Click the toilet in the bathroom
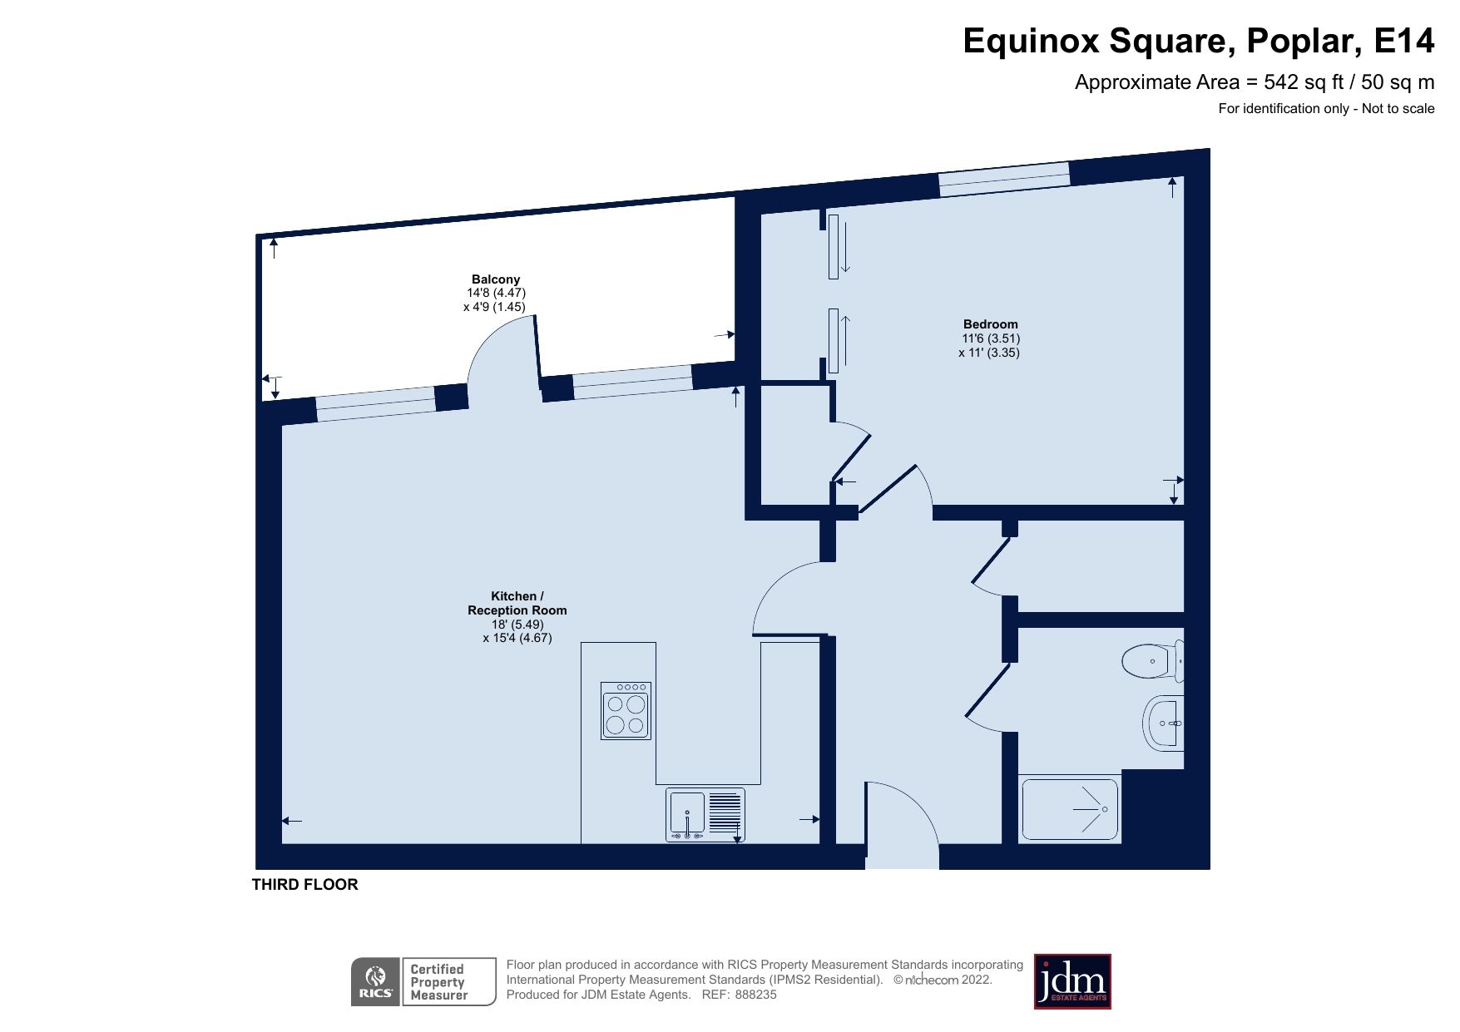point(1152,661)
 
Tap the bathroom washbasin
point(1164,723)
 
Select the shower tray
point(1069,808)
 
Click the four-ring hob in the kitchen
point(626,711)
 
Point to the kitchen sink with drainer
point(705,814)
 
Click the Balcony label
point(495,279)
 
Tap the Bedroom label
point(990,324)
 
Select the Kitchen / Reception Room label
point(517,603)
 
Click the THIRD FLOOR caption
point(304,885)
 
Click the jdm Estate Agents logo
point(1071,981)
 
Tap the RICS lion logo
point(375,981)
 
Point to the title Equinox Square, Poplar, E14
point(1198,41)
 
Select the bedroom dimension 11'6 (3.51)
point(990,338)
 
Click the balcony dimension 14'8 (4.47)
point(496,293)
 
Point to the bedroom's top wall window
point(1003,179)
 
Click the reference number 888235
point(755,995)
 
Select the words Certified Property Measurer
point(438,982)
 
